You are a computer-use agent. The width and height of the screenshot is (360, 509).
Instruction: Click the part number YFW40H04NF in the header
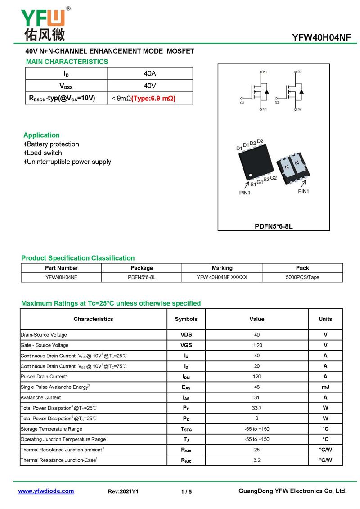(x=321, y=38)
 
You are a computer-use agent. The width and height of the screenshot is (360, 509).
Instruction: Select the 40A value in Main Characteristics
(x=150, y=73)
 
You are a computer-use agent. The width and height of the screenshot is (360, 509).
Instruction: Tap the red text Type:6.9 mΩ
(x=153, y=98)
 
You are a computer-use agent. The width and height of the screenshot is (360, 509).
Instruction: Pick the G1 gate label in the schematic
(x=242, y=103)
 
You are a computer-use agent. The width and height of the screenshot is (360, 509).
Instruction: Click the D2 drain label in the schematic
(x=300, y=72)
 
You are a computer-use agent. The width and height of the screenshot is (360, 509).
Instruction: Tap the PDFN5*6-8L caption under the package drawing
(x=274, y=226)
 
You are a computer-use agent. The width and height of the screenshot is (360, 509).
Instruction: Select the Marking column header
(x=222, y=268)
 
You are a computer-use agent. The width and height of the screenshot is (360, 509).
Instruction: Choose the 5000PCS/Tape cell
(x=302, y=277)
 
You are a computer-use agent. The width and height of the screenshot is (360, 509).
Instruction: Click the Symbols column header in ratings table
(x=186, y=319)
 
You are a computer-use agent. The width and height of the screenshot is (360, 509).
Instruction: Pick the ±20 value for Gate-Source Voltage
(x=256, y=345)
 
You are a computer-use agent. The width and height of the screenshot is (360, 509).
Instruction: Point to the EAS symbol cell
(x=186, y=387)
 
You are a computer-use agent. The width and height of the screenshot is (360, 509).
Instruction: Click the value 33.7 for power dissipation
(x=256, y=408)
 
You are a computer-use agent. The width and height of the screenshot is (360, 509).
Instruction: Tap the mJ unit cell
(x=325, y=387)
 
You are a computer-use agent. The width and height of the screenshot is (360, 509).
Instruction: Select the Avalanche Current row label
(x=40, y=397)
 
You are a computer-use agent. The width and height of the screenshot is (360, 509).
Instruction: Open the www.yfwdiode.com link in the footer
(x=46, y=491)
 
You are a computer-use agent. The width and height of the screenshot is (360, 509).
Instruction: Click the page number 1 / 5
(x=186, y=491)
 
